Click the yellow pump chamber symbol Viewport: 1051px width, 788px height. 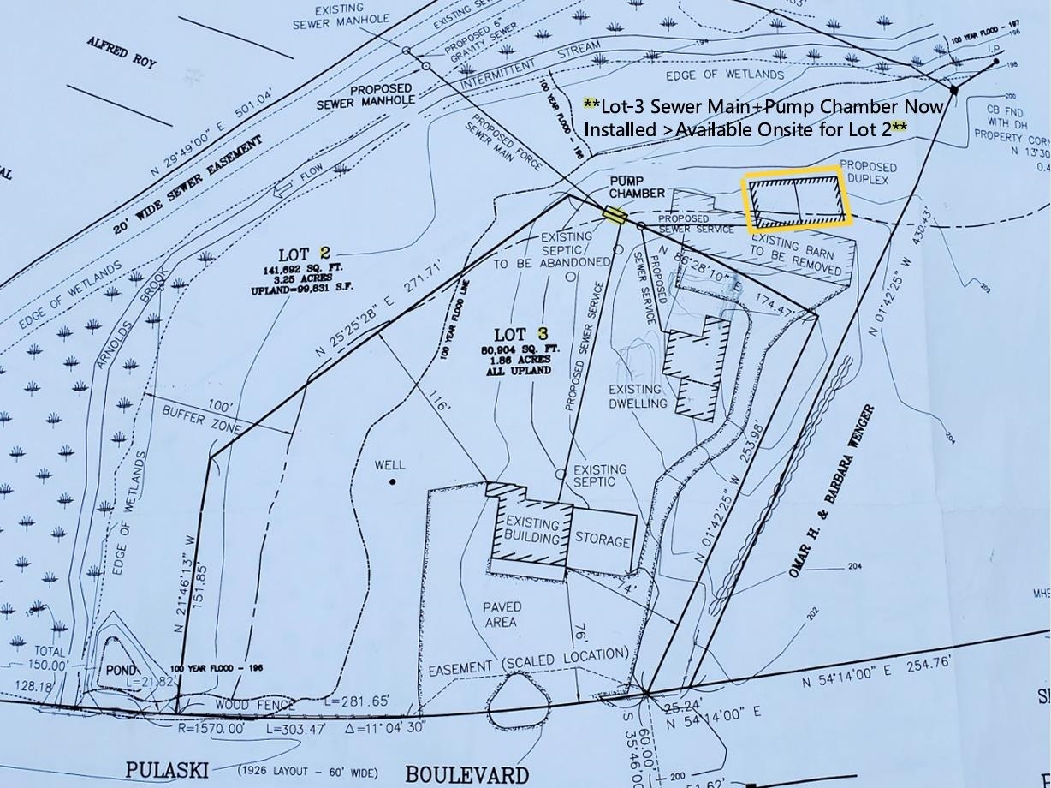pos(613,214)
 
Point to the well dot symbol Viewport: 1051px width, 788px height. pos(393,482)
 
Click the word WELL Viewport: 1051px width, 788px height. pos(390,465)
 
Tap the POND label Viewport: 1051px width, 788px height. pos(121,669)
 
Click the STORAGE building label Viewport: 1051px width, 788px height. pos(603,540)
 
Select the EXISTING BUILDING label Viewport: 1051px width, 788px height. pos(531,530)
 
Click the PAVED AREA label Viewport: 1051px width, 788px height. pos(502,614)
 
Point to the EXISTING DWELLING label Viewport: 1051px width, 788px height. pos(638,396)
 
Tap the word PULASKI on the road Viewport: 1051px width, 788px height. pos(167,768)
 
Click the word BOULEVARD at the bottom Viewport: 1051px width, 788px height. pos(466,775)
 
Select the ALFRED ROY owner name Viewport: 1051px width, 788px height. pos(122,52)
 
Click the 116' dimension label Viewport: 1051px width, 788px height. pos(436,402)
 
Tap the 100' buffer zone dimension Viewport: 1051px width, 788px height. pos(219,405)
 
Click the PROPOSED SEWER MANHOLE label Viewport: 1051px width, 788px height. pos(365,95)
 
